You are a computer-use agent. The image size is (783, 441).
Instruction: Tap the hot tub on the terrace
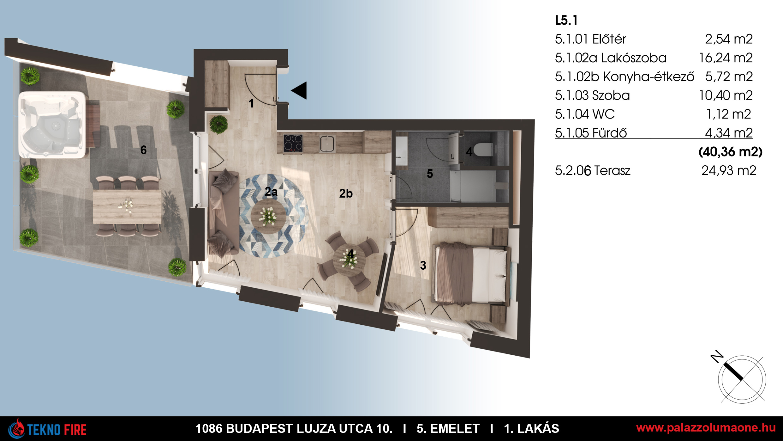pos(52,125)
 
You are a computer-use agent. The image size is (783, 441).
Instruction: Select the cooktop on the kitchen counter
pos(293,143)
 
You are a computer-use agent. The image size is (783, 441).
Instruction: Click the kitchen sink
pos(327,144)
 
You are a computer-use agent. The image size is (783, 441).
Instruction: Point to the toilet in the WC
pos(482,150)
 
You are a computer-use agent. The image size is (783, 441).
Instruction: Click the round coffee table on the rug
pos(268,216)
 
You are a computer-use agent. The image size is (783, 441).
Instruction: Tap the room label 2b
pos(346,193)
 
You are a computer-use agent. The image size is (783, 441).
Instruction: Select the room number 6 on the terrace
pos(143,150)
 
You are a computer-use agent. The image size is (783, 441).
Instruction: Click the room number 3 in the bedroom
pos(423,265)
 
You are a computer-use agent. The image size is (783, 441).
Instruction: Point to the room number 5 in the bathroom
pos(430,173)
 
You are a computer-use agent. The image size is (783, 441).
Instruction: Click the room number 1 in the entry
pos(251,103)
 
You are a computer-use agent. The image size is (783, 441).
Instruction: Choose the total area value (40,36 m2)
pos(730,152)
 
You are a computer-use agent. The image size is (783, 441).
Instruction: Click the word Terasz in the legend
pos(612,171)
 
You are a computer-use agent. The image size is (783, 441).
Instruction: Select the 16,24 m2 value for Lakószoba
pos(726,58)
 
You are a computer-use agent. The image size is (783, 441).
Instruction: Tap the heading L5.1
pos(566,21)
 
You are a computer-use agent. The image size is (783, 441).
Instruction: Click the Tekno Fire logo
pos(47,429)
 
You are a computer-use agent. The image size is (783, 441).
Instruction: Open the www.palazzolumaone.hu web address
pos(706,428)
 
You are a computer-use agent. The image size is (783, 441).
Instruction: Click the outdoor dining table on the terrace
pos(127,206)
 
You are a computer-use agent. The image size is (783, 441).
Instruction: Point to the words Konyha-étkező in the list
pos(649,77)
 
